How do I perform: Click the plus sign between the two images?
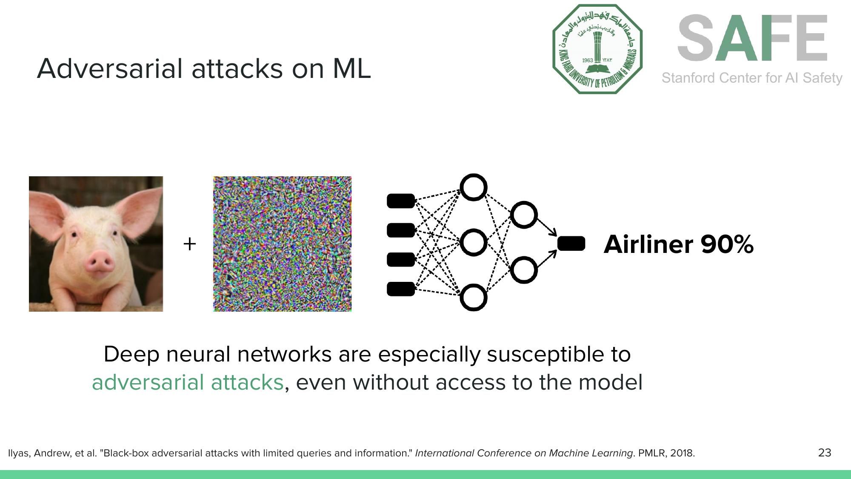(x=189, y=244)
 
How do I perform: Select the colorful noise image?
(x=282, y=244)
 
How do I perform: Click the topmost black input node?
(x=401, y=201)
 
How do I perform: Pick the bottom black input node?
(x=401, y=289)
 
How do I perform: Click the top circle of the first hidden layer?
(x=473, y=187)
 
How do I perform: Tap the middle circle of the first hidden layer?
(x=473, y=242)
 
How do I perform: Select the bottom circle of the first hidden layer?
(x=473, y=298)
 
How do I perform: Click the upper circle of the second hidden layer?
(x=523, y=215)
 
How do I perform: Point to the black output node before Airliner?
(x=571, y=244)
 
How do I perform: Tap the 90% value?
(x=727, y=244)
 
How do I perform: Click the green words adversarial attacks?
(x=188, y=382)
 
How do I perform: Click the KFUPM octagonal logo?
(x=597, y=49)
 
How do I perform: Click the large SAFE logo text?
(x=752, y=38)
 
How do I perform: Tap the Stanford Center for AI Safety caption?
(x=752, y=78)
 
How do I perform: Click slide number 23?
(x=824, y=452)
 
